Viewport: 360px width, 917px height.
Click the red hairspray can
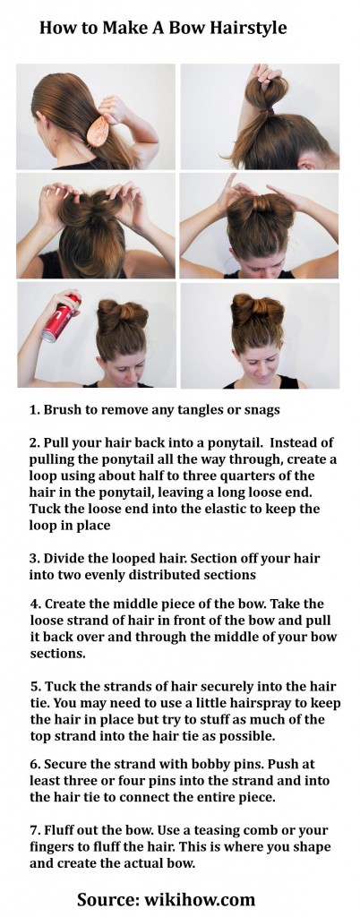(61, 320)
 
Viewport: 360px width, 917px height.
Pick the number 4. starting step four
(35, 604)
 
